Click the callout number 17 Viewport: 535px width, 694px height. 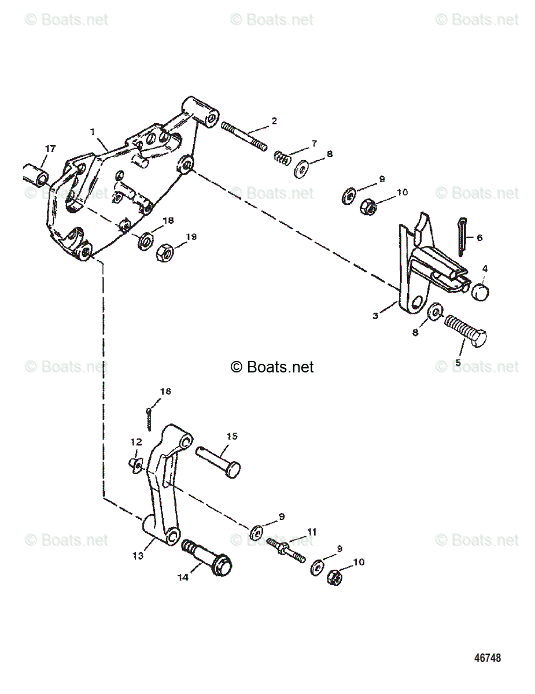[50, 149]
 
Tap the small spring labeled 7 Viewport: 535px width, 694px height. [281, 157]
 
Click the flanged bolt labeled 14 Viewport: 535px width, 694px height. [209, 557]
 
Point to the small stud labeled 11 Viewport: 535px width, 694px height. [287, 550]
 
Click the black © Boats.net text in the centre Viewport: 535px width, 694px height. [272, 367]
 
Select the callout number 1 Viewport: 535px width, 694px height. [92, 132]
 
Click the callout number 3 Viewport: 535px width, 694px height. [375, 315]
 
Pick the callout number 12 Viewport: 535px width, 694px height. [136, 442]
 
